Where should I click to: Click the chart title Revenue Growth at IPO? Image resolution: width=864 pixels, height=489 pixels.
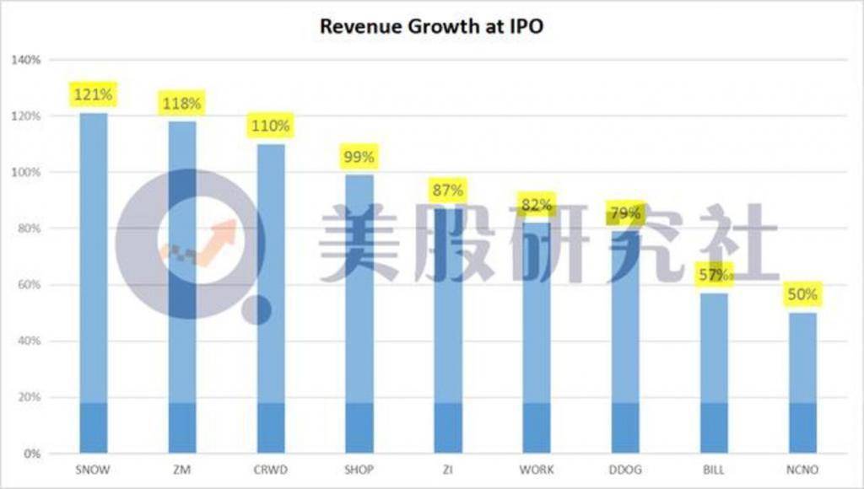pos(431,27)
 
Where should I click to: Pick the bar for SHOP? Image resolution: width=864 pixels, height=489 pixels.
pos(359,312)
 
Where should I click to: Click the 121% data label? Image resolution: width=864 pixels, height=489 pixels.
pos(94,94)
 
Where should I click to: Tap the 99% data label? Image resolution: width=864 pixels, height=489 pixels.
pos(359,156)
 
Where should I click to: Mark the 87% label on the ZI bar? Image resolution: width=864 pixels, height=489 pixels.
pos(447,190)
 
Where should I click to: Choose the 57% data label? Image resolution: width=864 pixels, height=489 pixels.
pos(713,274)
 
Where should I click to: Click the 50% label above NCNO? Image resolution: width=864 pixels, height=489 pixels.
pos(802,294)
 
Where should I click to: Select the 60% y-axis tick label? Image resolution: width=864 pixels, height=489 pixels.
pos(30,285)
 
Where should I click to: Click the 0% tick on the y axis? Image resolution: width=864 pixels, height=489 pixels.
pos(33,454)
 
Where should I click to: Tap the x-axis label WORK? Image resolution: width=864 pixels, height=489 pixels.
pos(537,469)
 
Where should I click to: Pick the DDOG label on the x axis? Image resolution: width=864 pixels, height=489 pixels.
pos(625,469)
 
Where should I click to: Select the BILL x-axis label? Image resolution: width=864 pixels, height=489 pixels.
pos(714,469)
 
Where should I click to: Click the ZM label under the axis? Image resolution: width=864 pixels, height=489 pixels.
pos(182,469)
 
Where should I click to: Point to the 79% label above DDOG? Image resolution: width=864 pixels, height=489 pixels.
pos(625,213)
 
